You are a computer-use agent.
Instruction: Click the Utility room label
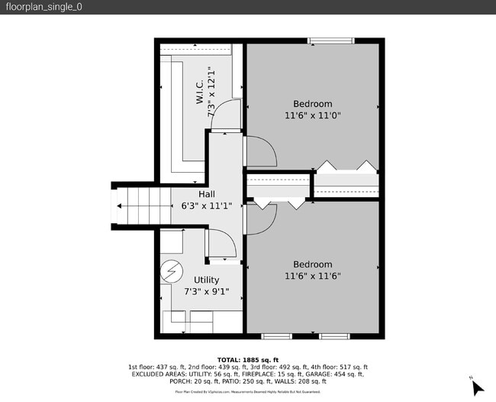(x=206, y=280)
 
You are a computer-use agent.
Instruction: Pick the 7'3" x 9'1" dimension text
(x=206, y=291)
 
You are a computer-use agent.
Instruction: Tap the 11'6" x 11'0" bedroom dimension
(x=312, y=115)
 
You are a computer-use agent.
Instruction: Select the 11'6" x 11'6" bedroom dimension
(x=312, y=276)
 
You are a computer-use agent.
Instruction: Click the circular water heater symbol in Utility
(x=171, y=271)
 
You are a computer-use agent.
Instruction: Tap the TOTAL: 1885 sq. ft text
(x=248, y=360)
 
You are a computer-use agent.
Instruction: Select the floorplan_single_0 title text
(x=44, y=7)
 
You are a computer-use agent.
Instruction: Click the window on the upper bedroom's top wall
(x=330, y=41)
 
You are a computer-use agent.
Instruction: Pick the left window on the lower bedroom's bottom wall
(x=276, y=336)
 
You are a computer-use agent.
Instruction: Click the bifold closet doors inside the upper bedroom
(x=346, y=167)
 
